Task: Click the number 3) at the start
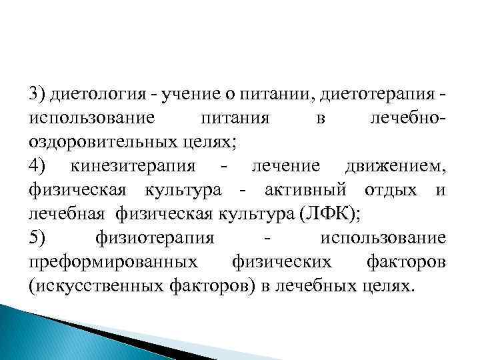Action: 37,94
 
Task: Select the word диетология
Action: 95,94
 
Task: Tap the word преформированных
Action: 113,262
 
